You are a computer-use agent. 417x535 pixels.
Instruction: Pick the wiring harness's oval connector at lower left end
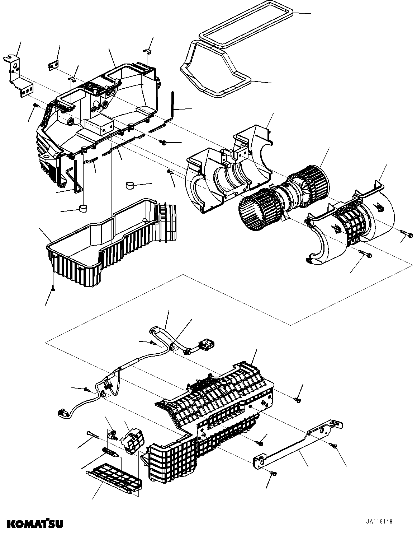(x=63, y=414)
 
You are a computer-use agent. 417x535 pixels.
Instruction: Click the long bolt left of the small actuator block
(x=94, y=434)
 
